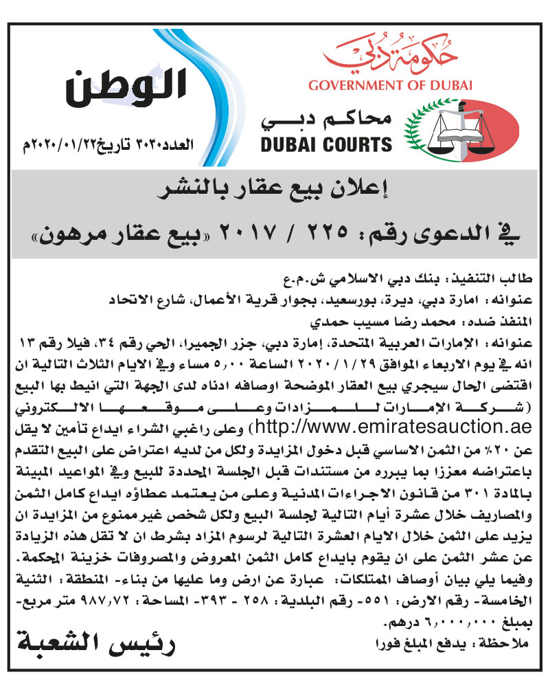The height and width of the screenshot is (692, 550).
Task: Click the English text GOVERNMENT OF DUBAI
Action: [391, 86]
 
